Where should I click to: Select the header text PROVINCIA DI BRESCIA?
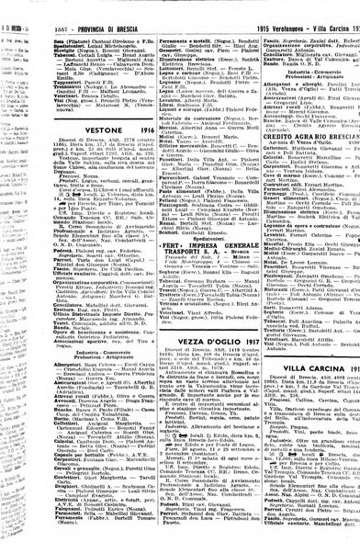pyautogui.click(x=87, y=6)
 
